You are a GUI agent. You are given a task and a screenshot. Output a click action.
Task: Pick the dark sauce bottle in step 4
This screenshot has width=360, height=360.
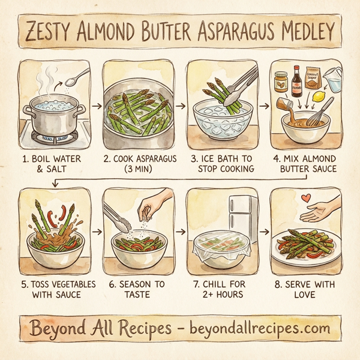(x=296, y=83)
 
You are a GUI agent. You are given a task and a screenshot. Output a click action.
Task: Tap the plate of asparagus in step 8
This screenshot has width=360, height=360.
(x=306, y=247)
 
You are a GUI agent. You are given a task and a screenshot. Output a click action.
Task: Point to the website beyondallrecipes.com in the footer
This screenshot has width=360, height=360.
(x=260, y=328)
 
